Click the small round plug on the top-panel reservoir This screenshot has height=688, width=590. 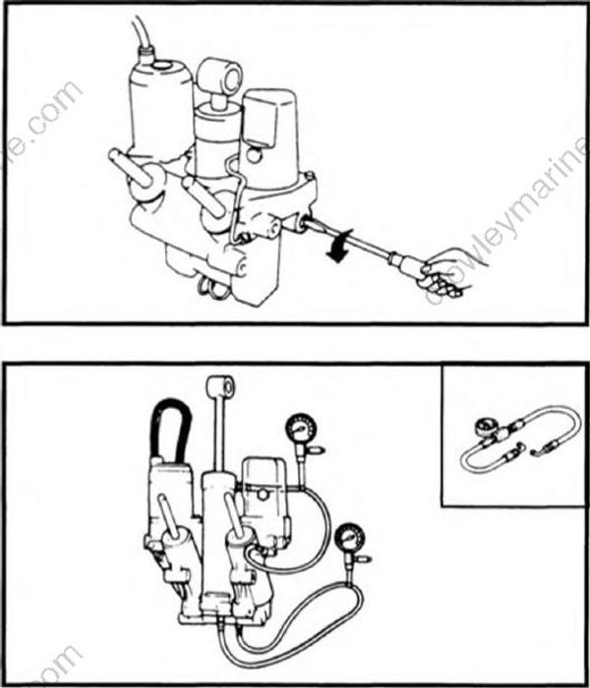254,154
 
